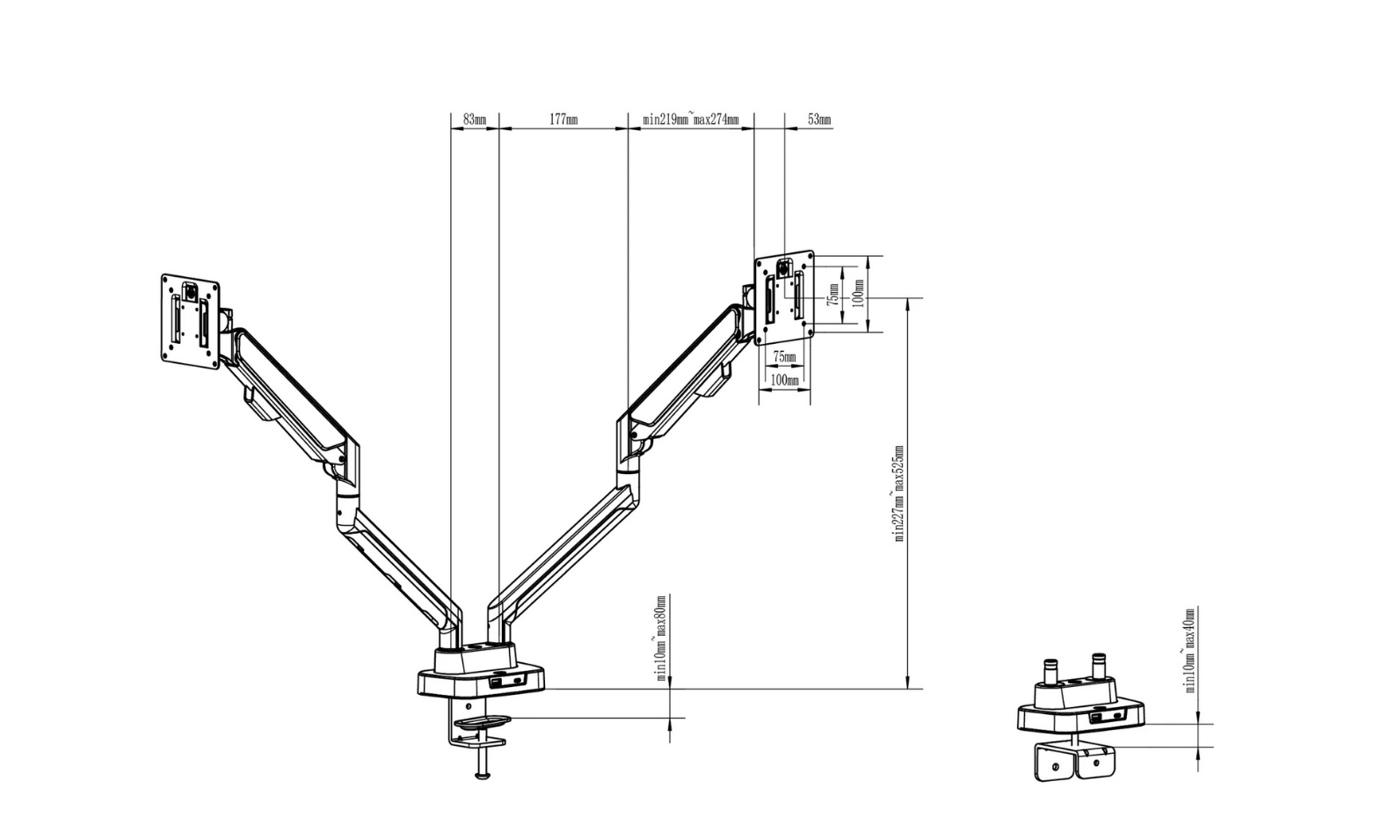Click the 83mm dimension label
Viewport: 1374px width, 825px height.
point(474,119)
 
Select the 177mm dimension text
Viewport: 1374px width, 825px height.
point(563,119)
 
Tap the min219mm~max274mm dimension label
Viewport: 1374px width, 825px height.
point(690,119)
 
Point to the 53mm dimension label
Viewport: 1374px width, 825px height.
point(818,119)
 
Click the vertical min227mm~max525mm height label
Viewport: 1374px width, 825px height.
point(899,493)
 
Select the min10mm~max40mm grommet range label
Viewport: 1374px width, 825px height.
point(1189,650)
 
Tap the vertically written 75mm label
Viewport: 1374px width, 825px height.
point(832,293)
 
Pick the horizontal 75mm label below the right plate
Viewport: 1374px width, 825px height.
point(783,357)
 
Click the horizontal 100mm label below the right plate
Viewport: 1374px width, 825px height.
point(784,380)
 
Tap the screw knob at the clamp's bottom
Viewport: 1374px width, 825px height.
point(482,773)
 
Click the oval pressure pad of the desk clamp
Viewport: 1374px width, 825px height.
point(482,722)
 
